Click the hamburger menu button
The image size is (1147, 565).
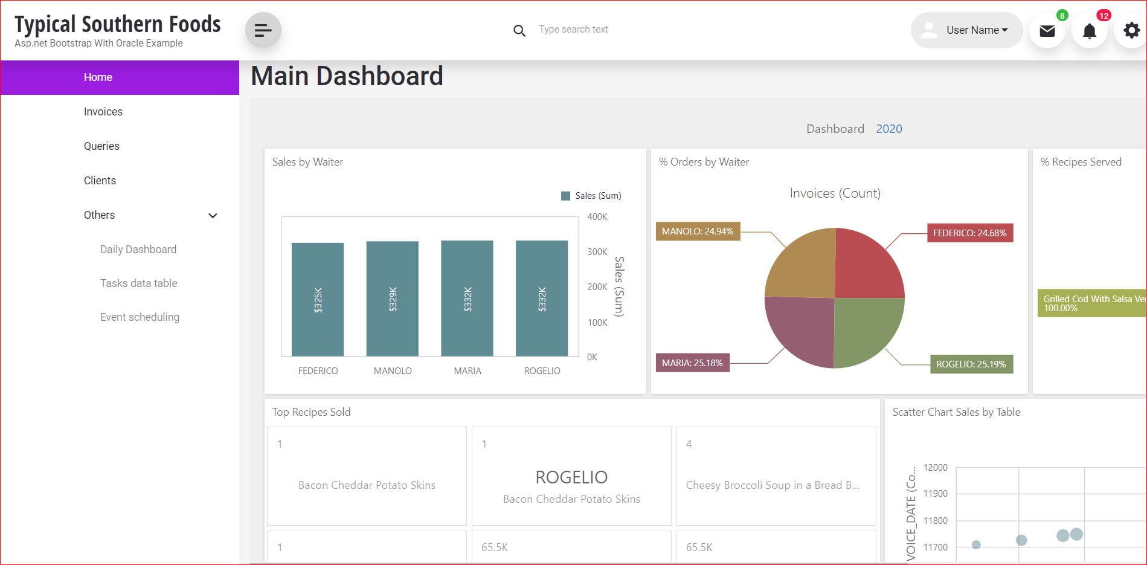click(x=263, y=30)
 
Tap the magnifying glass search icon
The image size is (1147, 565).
click(x=519, y=30)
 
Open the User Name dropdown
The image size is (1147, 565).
click(x=966, y=30)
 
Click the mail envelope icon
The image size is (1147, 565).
click(x=1047, y=31)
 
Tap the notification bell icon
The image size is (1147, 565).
click(x=1089, y=31)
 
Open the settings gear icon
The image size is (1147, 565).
click(x=1131, y=30)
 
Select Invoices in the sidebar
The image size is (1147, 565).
click(x=103, y=112)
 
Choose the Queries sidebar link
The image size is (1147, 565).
click(x=101, y=146)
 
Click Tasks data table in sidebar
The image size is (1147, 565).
click(x=139, y=283)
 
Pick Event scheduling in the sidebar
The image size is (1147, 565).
click(x=140, y=317)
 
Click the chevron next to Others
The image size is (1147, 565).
click(x=213, y=216)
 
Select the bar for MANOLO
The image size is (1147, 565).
click(x=393, y=299)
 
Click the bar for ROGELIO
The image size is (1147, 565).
click(x=542, y=299)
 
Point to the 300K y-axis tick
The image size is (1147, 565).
click(x=597, y=252)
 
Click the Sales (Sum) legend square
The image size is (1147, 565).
click(x=566, y=196)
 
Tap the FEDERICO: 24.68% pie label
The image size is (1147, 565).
click(x=969, y=233)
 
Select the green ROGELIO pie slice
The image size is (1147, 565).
click(x=867, y=329)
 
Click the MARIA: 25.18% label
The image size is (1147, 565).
click(x=692, y=363)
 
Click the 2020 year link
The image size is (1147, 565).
click(x=888, y=129)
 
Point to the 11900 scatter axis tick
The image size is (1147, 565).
click(x=935, y=494)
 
